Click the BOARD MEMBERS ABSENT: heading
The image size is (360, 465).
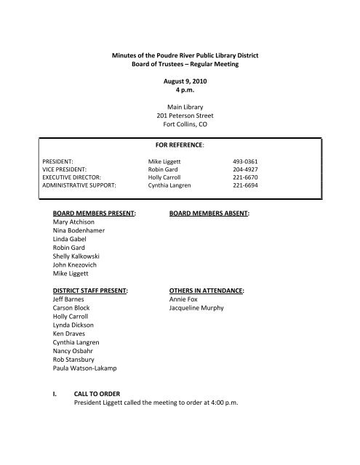pos(209,214)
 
